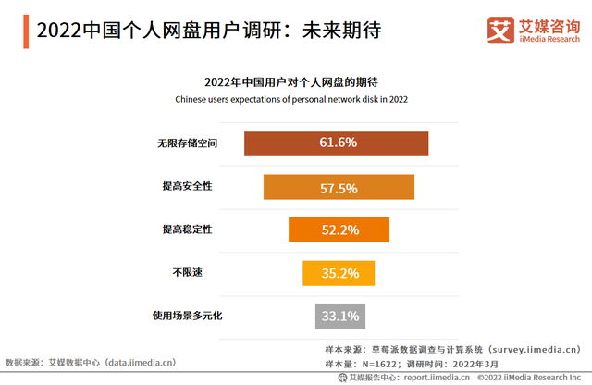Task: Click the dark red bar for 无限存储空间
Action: point(336,143)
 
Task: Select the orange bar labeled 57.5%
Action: point(339,187)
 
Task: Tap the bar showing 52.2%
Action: point(339,230)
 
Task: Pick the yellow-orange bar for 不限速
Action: point(339,273)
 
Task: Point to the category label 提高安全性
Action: point(188,187)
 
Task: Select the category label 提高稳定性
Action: point(188,230)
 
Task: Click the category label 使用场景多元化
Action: point(187,317)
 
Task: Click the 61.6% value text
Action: point(339,143)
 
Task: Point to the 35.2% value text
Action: point(339,273)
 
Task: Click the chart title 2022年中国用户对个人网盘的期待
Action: point(296,80)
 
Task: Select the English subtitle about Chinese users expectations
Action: point(296,98)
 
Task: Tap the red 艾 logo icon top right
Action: point(500,29)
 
